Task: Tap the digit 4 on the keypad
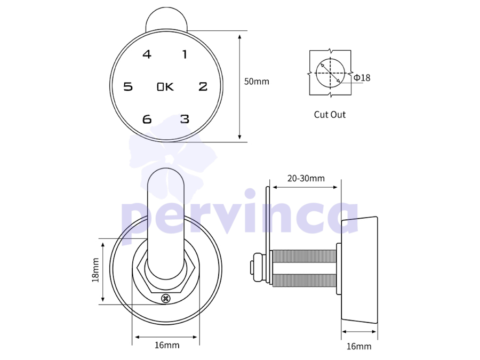click(x=147, y=54)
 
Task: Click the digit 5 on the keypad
click(x=128, y=86)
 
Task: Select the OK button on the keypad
click(x=165, y=87)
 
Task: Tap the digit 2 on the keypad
click(x=203, y=86)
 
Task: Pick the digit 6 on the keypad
click(x=147, y=119)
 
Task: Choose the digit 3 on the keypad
click(x=185, y=119)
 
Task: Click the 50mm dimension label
click(x=257, y=82)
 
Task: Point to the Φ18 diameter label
click(x=362, y=78)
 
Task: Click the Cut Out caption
click(x=330, y=115)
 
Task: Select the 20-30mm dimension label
click(x=306, y=178)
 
